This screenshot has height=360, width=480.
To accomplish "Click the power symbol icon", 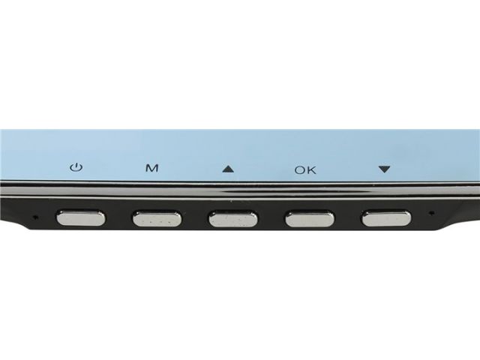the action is (76, 167).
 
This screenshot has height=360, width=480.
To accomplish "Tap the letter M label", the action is (151, 168).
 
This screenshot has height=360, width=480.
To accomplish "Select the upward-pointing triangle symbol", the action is (228, 169).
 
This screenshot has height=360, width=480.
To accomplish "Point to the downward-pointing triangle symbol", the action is (384, 169).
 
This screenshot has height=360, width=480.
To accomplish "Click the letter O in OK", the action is (300, 170).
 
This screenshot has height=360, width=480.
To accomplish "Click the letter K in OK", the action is (312, 170).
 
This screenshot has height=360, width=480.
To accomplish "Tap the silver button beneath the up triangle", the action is (233, 219).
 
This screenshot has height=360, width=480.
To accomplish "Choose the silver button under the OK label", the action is (310, 219).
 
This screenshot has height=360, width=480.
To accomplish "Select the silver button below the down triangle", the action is (387, 218).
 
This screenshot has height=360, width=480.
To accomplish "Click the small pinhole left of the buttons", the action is (36, 217).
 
